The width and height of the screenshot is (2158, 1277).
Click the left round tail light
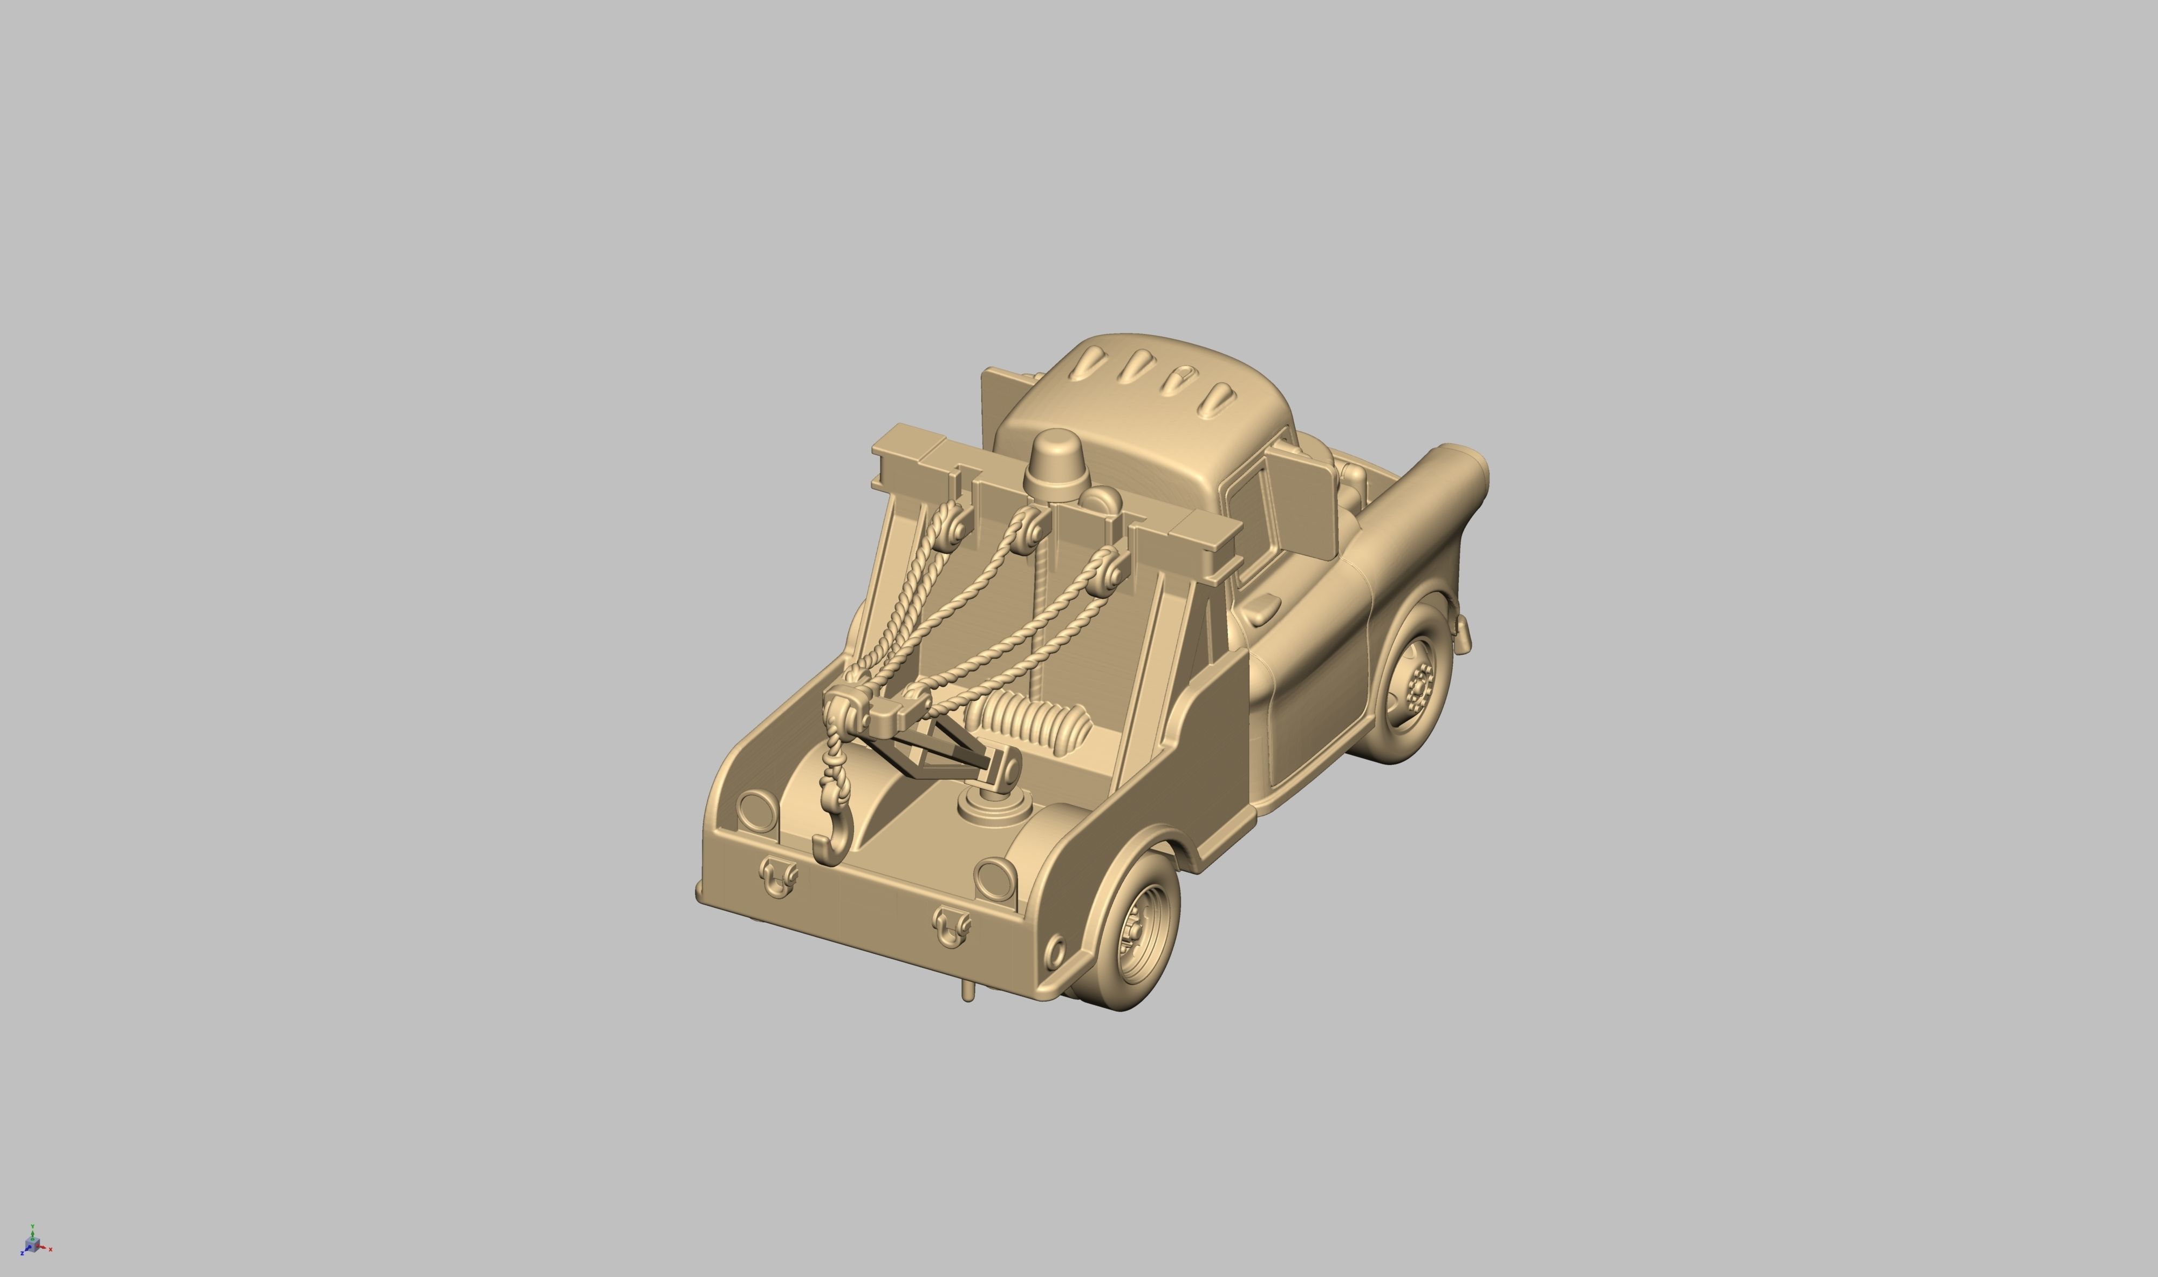[x=756, y=811]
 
